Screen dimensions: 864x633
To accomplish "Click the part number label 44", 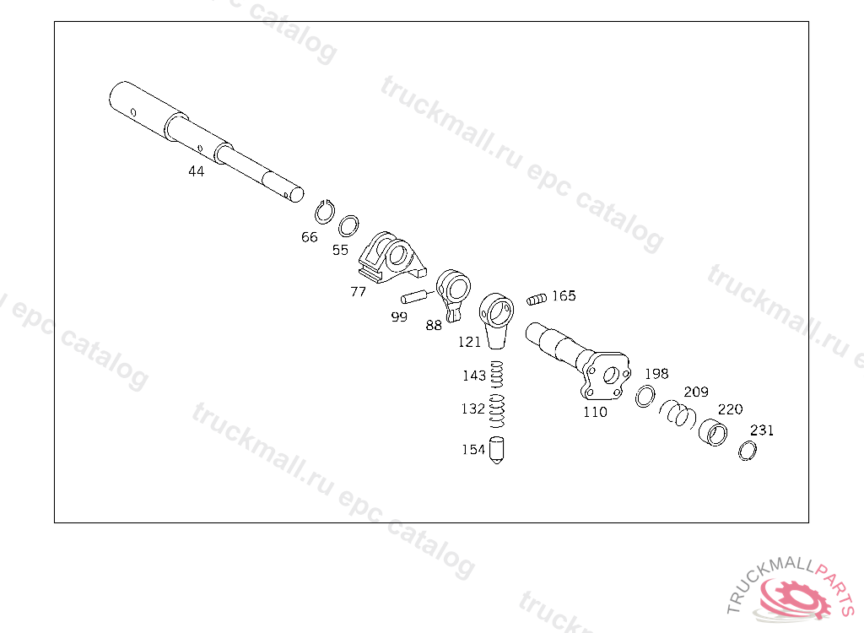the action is [196, 171].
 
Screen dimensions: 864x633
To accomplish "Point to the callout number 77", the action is [358, 292].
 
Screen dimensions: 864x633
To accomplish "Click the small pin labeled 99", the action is [414, 296].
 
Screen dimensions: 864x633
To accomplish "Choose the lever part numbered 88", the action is [453, 295].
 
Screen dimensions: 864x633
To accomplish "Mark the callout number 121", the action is [469, 343].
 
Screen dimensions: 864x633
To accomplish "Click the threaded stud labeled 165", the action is [537, 300].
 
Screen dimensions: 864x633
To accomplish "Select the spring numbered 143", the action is [497, 375].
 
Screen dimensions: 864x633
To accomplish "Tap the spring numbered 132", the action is [498, 411].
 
